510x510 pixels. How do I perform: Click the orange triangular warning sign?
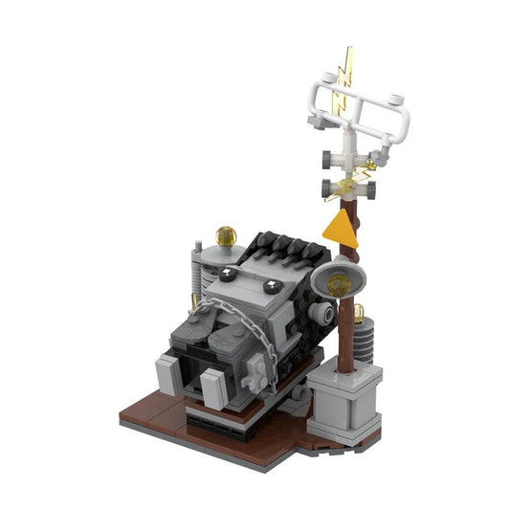[339, 229]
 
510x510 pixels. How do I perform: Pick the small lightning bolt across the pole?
[355, 179]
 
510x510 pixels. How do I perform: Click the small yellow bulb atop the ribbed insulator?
[360, 312]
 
